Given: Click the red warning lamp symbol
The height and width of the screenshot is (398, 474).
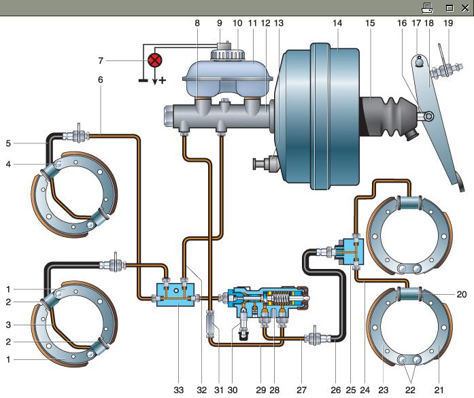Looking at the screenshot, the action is click(155, 60).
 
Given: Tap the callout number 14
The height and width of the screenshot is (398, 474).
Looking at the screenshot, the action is click(337, 23).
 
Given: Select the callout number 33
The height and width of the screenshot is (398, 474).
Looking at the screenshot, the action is click(179, 390).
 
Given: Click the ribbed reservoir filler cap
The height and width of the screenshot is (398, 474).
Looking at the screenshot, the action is click(227, 54).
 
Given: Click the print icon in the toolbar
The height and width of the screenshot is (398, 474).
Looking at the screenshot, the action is click(427, 8).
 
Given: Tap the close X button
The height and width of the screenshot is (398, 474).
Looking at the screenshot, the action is click(466, 8).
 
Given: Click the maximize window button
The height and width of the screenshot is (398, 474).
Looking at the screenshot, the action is click(450, 8).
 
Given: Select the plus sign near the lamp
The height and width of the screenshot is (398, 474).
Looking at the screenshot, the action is click(163, 80).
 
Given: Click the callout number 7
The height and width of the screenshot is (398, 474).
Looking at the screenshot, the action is click(101, 60).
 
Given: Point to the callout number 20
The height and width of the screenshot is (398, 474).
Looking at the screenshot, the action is click(462, 294).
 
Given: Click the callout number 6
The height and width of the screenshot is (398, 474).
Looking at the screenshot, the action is click(101, 79).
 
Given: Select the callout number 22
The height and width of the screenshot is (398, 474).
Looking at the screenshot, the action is click(410, 390).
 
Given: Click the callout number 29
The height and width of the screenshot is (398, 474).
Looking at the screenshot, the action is click(261, 390).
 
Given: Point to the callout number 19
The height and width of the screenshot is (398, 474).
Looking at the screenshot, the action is click(448, 23).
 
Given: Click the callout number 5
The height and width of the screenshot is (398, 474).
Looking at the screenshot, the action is click(8, 143).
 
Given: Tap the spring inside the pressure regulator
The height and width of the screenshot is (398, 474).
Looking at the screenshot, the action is click(280, 298).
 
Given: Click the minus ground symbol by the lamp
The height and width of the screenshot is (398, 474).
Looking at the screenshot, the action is click(143, 80).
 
